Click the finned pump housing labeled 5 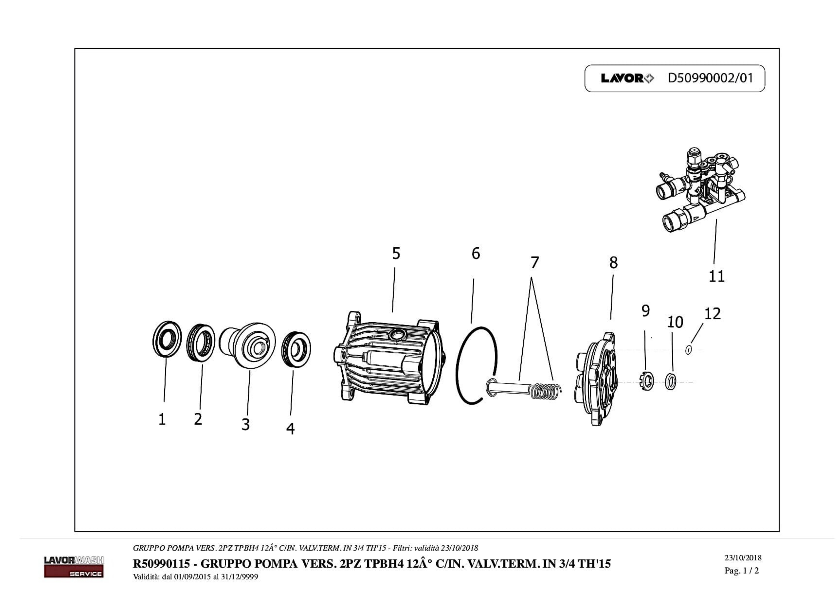point(387,358)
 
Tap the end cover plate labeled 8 point(596,378)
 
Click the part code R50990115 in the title point(161,564)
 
